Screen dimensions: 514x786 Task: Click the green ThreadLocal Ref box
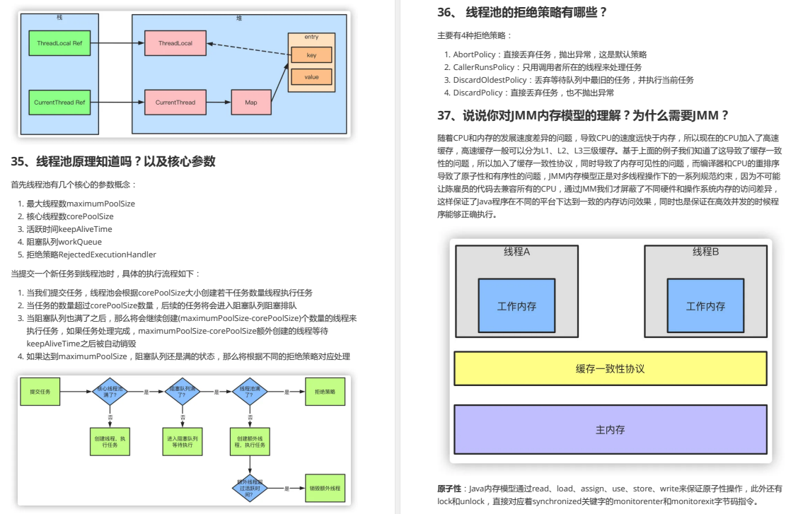click(59, 43)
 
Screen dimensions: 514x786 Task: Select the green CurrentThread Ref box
click(59, 103)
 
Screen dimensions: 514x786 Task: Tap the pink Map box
click(251, 103)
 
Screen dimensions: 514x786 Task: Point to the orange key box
click(311, 54)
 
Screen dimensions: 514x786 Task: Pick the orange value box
click(311, 76)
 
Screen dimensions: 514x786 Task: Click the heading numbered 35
click(113, 161)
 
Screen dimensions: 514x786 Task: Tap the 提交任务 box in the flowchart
click(40, 390)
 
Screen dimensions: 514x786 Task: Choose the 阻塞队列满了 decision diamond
click(182, 390)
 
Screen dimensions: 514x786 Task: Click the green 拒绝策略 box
click(325, 390)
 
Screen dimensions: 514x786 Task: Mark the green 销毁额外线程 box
click(325, 489)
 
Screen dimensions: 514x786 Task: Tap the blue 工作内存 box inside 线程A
click(516, 306)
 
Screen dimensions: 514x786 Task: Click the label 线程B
click(705, 252)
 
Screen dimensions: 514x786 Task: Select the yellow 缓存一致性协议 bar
click(610, 368)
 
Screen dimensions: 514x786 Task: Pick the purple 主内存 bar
click(610, 429)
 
